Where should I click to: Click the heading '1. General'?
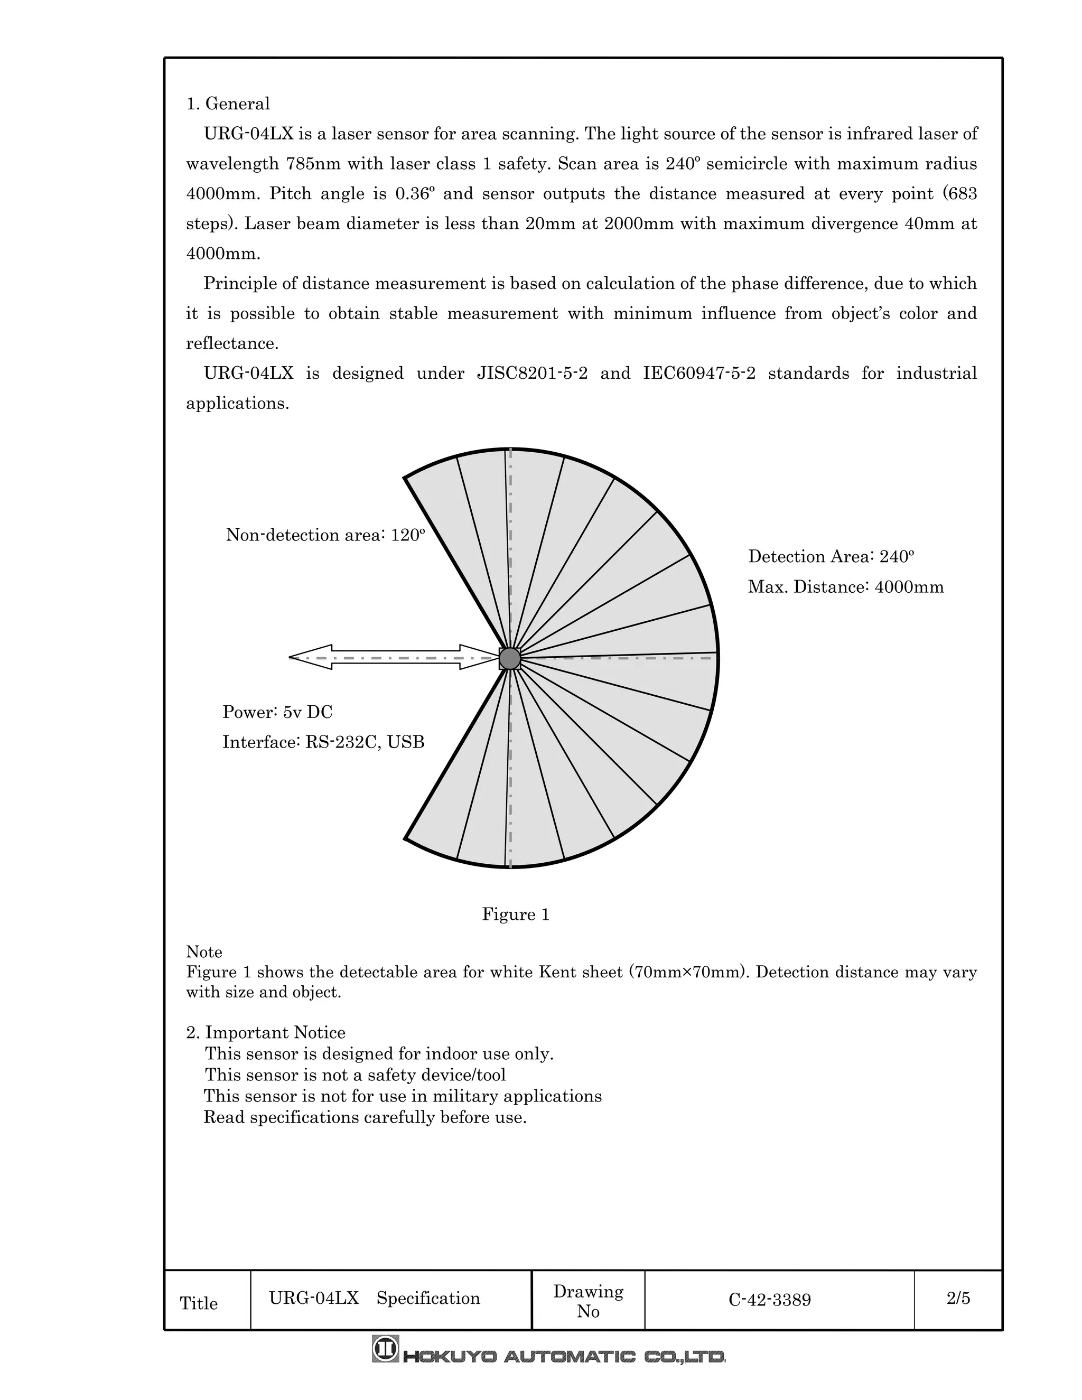point(228,104)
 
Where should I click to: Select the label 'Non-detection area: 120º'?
point(325,535)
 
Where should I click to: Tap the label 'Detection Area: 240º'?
point(831,556)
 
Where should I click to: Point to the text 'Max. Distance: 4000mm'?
point(845,587)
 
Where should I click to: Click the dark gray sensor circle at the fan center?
point(510,658)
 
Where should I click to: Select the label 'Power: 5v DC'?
point(277,712)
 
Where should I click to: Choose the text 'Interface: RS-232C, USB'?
point(323,742)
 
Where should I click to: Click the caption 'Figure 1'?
point(515,914)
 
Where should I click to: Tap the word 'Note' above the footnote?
point(204,952)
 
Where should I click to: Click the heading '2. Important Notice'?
point(265,1033)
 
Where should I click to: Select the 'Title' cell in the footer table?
point(199,1304)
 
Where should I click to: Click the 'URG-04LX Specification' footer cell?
point(375,1299)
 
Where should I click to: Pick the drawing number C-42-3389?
point(769,1300)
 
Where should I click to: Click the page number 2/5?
point(958,1299)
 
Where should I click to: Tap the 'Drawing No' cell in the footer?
point(588,1301)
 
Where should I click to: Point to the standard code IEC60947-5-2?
point(698,374)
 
